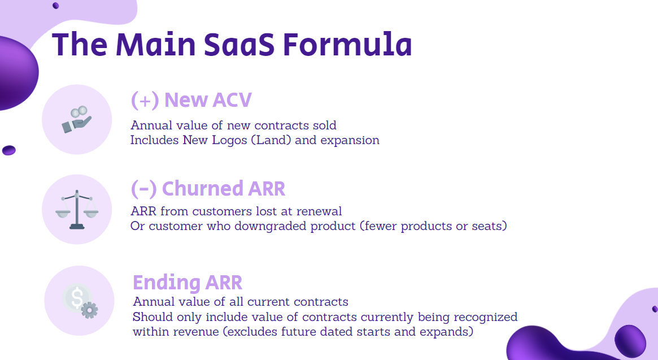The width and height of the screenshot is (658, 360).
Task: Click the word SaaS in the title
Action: (x=239, y=45)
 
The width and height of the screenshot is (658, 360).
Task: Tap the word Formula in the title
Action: (x=347, y=44)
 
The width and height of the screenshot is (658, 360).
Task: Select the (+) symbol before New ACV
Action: (x=145, y=101)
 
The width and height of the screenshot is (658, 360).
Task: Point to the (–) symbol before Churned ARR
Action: (x=143, y=189)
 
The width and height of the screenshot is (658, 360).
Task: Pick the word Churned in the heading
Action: (x=203, y=189)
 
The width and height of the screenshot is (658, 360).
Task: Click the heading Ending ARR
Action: (x=188, y=282)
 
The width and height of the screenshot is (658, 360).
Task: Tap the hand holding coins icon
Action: (x=77, y=120)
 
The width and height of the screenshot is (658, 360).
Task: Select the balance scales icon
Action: (x=77, y=210)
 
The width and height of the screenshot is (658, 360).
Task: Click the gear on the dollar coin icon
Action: (x=89, y=310)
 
